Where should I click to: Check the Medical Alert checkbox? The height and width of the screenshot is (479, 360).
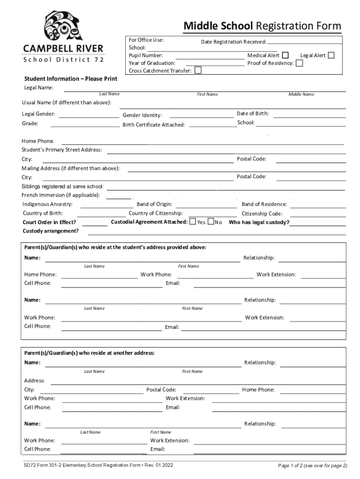coord(285,56)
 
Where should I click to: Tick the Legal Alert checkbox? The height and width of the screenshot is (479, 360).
coord(331,56)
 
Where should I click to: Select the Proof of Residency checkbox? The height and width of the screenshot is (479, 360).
coord(299,63)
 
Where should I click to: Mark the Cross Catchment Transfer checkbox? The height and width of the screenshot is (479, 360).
coord(198,71)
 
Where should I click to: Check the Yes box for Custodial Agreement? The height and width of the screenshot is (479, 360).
coord(193,222)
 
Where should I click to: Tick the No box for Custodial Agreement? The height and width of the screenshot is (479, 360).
coord(211,222)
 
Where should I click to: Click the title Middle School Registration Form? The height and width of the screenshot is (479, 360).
coord(262,26)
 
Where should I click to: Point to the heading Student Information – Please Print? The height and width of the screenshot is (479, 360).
coord(71,79)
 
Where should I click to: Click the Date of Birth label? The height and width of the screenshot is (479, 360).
coord(252,114)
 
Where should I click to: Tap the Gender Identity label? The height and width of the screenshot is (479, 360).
coord(142,116)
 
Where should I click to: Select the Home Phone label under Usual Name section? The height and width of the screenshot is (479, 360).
coord(37,141)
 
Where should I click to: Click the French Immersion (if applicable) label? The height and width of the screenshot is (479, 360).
coord(61,195)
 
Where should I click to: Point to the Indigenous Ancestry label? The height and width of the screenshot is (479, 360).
coord(47,204)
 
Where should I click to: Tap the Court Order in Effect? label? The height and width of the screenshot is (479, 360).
coord(49,223)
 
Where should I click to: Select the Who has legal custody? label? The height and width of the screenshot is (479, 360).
coord(259,223)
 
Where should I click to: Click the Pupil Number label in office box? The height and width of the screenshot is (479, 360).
coord(145,55)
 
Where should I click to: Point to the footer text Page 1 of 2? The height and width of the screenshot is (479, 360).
coord(312,465)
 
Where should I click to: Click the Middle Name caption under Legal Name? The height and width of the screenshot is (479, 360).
coord(301,94)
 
